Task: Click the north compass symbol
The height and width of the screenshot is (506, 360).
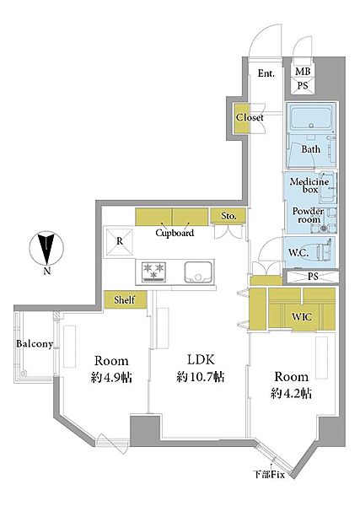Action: point(46,249)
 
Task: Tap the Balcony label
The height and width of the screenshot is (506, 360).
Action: point(35,344)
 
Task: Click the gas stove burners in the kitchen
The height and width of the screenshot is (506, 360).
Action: point(154,272)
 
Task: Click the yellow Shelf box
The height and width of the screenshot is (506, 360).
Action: point(126,299)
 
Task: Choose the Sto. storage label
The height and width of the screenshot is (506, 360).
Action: point(228,216)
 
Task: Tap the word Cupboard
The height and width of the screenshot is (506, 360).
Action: point(175,233)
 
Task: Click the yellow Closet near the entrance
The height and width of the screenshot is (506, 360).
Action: point(242,118)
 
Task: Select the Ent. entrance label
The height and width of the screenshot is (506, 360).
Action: point(266,73)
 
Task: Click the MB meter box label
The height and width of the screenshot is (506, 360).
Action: point(303,72)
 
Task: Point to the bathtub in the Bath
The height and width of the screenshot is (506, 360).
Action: point(310,117)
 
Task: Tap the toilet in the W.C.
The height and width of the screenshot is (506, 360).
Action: point(325,251)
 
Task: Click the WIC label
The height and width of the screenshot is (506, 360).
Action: point(302,317)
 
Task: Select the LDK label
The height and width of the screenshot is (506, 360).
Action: point(201,359)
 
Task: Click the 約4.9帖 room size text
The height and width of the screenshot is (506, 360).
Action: point(111,377)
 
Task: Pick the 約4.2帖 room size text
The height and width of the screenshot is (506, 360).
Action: point(291,393)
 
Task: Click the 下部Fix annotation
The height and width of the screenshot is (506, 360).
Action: point(268,475)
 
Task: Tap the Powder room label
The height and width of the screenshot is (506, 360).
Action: point(309,215)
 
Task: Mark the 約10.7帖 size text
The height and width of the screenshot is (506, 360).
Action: point(201,377)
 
